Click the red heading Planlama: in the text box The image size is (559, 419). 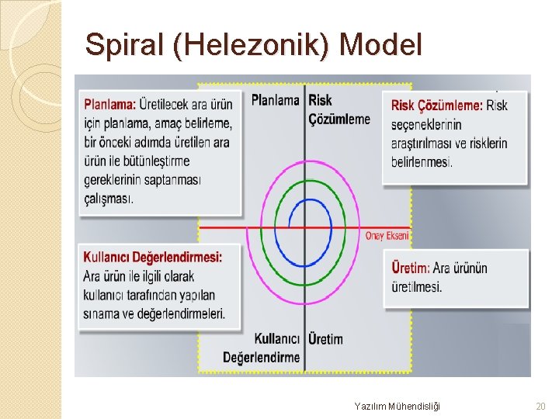coord(109,104)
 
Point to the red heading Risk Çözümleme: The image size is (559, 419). coord(436,106)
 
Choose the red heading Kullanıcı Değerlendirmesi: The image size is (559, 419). coord(152,257)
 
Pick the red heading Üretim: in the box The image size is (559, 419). coord(410,268)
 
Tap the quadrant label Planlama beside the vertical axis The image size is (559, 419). coord(275,100)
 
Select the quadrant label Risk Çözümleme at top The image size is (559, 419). coord(339,109)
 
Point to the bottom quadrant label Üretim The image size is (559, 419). coord(325,339)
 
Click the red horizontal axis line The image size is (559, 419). coord(225,227)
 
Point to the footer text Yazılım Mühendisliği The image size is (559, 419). coord(397,406)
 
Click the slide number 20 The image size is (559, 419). coord(541,406)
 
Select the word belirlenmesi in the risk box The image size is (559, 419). coord(422,162)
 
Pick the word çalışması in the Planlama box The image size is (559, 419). coord(109,199)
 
